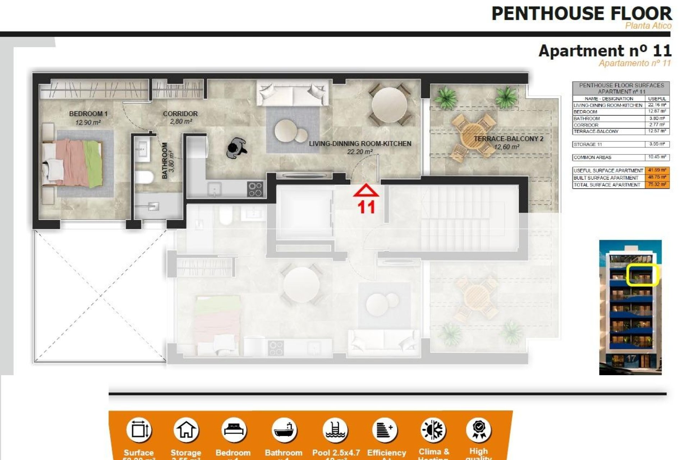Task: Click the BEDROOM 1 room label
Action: click(88, 114)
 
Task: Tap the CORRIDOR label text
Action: click(180, 114)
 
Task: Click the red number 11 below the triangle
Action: click(366, 207)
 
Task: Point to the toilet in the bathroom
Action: click(144, 177)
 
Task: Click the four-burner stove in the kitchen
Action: click(255, 189)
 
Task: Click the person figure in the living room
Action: click(236, 148)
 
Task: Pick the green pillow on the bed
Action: click(93, 164)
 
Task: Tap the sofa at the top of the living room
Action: click(293, 93)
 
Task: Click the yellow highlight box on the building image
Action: click(641, 275)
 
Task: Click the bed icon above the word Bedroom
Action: click(233, 430)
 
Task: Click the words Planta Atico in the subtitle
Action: click(648, 26)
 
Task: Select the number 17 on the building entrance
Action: click(631, 359)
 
